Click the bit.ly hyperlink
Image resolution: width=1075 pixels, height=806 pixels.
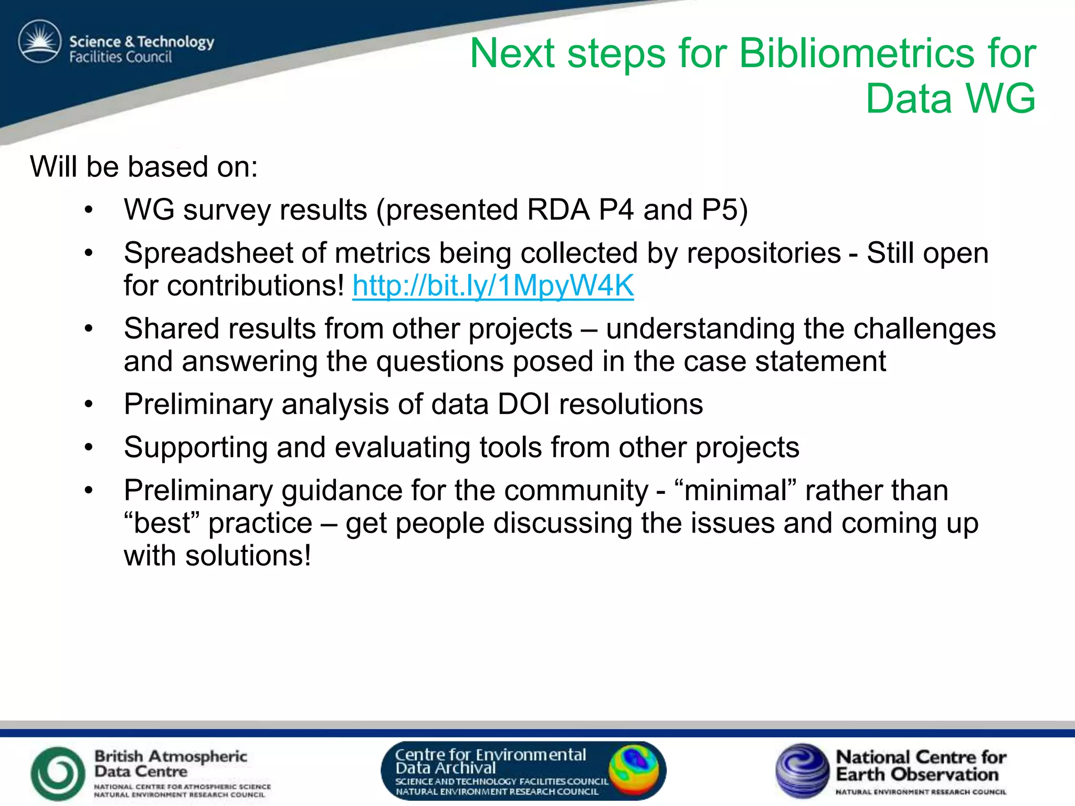(x=493, y=286)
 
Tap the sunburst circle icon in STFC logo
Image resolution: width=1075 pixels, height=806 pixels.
(x=40, y=41)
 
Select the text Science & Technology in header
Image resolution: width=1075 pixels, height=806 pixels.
(x=142, y=41)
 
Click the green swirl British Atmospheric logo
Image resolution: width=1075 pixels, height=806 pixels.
(x=58, y=773)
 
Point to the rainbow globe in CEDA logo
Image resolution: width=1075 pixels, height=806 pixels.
(x=634, y=770)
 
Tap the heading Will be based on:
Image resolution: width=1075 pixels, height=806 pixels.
(x=144, y=167)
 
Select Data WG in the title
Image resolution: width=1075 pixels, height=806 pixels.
(x=950, y=99)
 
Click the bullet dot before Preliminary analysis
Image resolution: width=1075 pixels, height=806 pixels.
(x=89, y=405)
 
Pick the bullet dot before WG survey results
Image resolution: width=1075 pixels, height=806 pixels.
(x=89, y=210)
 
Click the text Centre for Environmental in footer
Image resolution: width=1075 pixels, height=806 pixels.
(x=490, y=755)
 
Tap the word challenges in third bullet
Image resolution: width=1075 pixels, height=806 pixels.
(x=924, y=329)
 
